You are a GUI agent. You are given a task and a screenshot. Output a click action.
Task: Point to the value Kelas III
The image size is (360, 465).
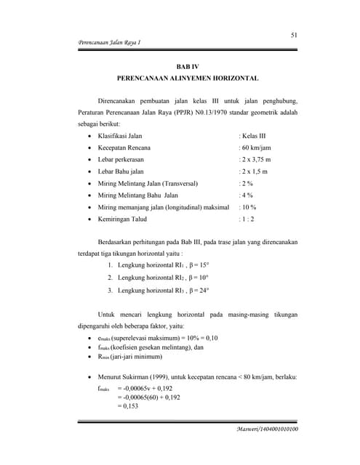pos(253,135)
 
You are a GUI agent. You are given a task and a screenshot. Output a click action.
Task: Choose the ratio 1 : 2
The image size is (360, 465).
pos(249,219)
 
